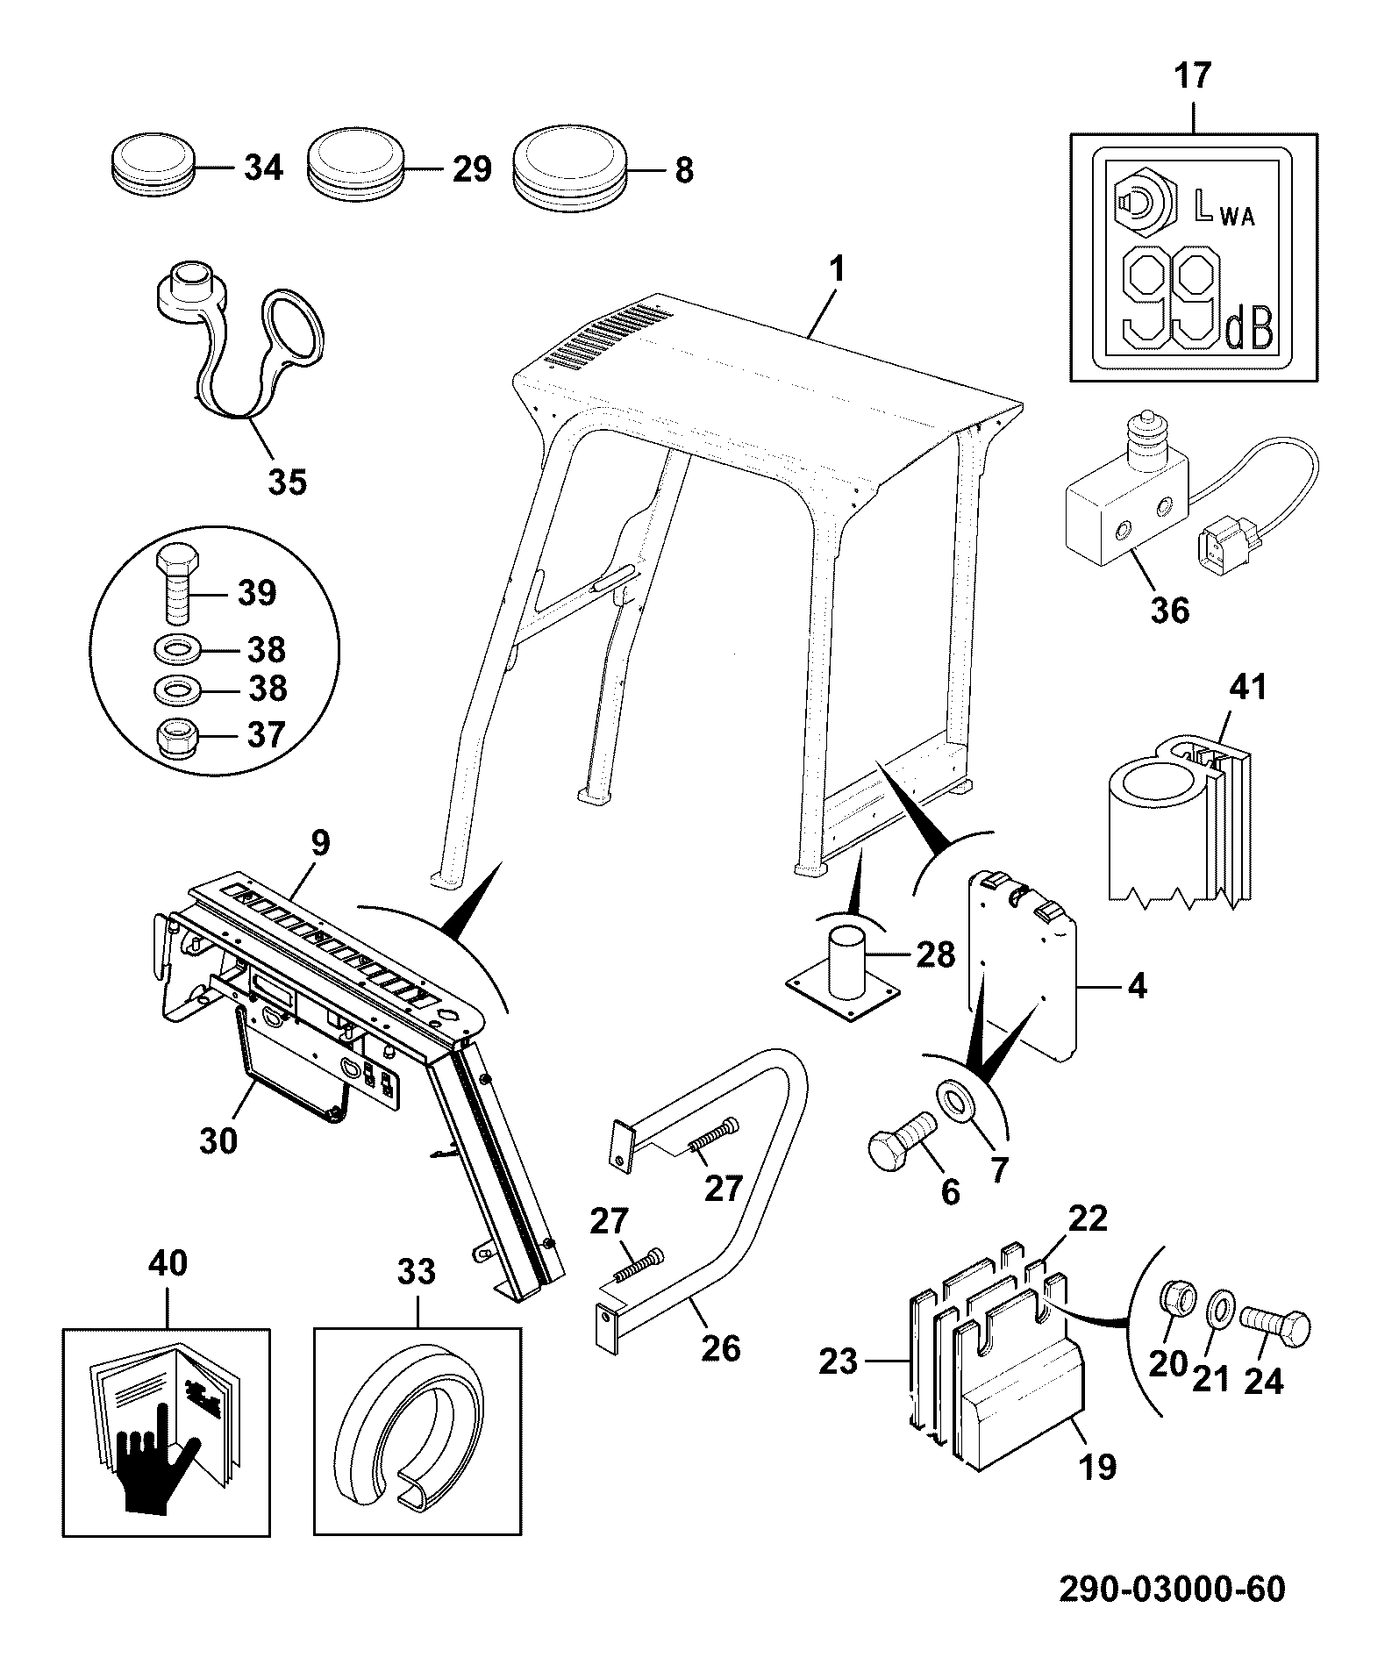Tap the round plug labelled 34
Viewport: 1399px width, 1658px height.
pyautogui.click(x=153, y=162)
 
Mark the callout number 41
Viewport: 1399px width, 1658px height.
pyautogui.click(x=1249, y=686)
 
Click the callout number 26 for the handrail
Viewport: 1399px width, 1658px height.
pyautogui.click(x=721, y=1347)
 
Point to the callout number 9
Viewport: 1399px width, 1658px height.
pyautogui.click(x=319, y=843)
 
